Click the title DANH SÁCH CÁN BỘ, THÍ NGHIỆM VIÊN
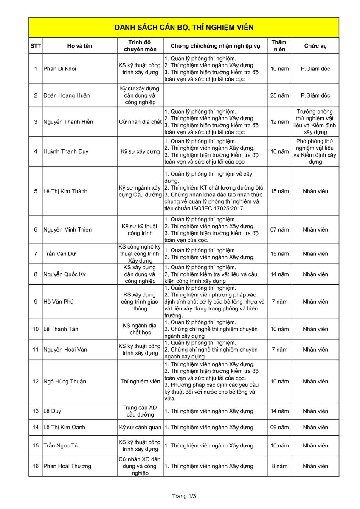tap(184, 28)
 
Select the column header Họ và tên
tap(79, 46)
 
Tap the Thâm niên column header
tap(279, 46)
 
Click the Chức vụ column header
tap(315, 46)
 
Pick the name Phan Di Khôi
tap(60, 69)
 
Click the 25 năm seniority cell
tap(279, 95)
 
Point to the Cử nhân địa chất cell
tap(140, 122)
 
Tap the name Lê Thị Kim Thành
tap(65, 191)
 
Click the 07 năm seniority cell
tap(279, 229)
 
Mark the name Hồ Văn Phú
tap(59, 302)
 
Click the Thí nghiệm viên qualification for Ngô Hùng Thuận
tap(140, 381)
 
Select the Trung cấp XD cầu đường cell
tap(140, 411)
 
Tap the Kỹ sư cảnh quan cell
tap(140, 428)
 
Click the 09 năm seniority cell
tap(279, 428)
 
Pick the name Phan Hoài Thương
tap(67, 466)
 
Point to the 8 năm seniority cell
tap(279, 466)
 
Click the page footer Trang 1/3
tap(184, 496)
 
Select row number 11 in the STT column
tap(36, 350)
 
